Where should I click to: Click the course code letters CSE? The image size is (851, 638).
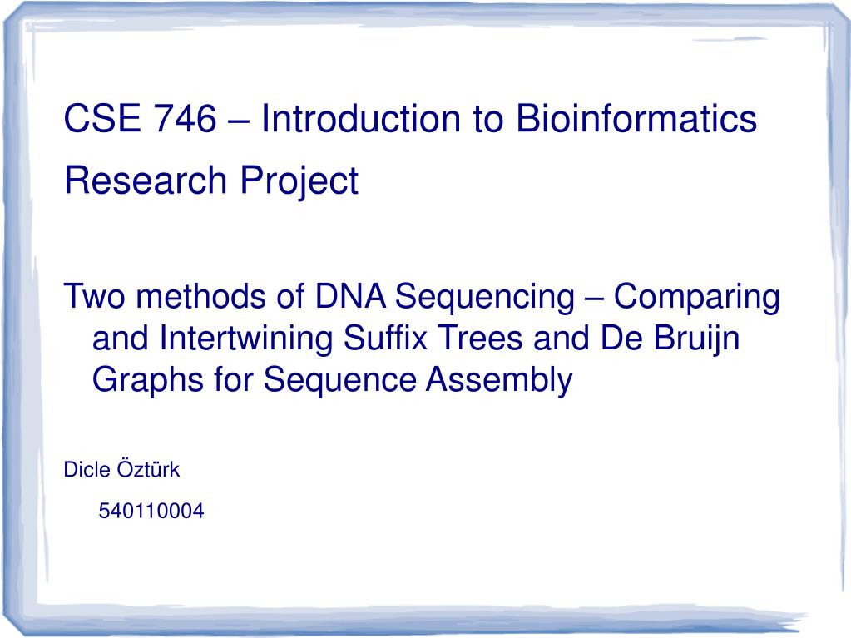click(102, 118)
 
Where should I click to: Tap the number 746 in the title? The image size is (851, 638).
click(185, 118)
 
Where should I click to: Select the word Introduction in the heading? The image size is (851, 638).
click(360, 118)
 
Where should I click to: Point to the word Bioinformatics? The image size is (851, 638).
click(636, 118)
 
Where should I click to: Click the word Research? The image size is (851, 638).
click(146, 181)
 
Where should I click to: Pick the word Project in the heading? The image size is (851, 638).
click(299, 181)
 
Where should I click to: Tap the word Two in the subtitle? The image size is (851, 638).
click(95, 297)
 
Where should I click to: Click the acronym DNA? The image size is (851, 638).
click(350, 297)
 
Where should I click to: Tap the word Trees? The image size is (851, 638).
click(480, 338)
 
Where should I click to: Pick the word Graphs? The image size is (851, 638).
click(147, 380)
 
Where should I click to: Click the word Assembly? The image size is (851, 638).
click(499, 380)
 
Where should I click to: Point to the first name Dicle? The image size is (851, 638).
click(87, 470)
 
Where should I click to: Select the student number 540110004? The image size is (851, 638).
click(151, 511)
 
